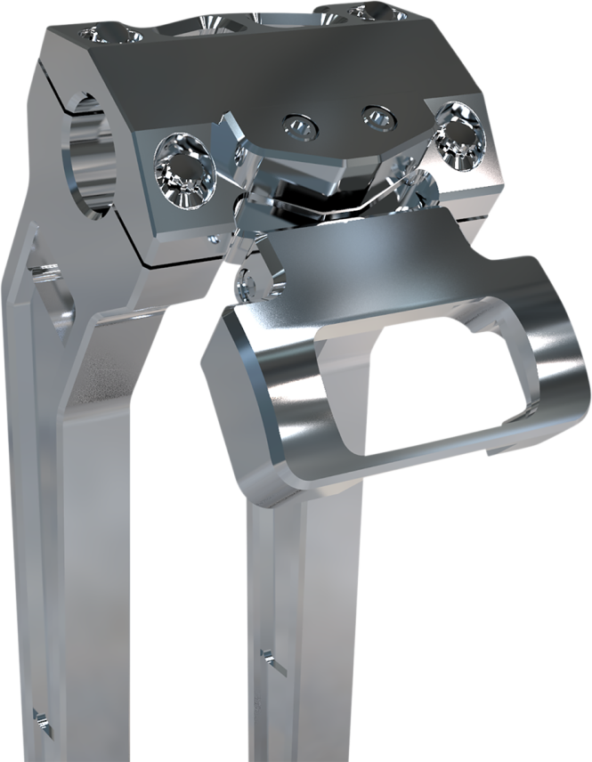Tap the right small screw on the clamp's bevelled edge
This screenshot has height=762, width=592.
[x=377, y=116]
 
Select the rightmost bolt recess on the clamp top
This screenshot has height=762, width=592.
[x=356, y=12]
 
